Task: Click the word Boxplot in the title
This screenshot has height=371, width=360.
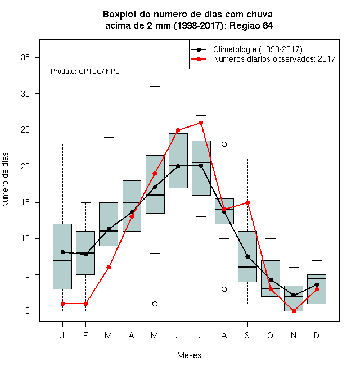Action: coord(120,15)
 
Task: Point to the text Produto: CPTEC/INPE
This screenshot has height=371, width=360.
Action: coord(85,71)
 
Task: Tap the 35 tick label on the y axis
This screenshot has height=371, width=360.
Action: coord(25,57)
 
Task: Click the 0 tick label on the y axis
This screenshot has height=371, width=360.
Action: coord(28,311)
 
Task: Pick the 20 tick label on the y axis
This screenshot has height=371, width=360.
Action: coord(25,166)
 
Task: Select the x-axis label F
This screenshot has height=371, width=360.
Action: coord(85,335)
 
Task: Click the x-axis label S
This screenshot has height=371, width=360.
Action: coord(247,335)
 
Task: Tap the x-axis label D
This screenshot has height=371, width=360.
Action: coord(317,335)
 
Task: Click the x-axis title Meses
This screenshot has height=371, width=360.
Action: coord(189,355)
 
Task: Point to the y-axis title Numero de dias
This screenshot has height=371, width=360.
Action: coord(5,180)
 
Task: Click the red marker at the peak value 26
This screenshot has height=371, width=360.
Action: coord(201,123)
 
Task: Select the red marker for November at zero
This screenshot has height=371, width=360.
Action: coord(294,311)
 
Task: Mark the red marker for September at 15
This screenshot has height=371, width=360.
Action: coord(247,202)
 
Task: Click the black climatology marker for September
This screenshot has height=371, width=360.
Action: coord(247,256)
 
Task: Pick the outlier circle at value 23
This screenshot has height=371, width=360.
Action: coord(224,144)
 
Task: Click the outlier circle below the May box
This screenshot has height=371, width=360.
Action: coord(155,304)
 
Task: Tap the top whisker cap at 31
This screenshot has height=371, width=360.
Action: coord(155,87)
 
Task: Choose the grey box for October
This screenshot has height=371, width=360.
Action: coord(271,278)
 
